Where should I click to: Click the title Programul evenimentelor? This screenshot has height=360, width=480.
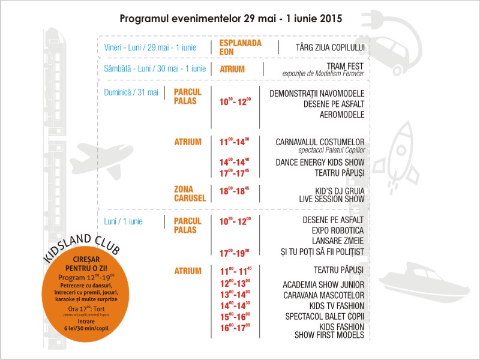pyautogui.click(x=231, y=18)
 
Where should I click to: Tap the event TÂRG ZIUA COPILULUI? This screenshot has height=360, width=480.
pyautogui.click(x=330, y=47)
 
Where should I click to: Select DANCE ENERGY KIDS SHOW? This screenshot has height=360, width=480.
pyautogui.click(x=320, y=162)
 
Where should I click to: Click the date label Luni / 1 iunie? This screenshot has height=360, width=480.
pyautogui.click(x=123, y=221)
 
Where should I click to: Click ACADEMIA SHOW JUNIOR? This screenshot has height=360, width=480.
pyautogui.click(x=323, y=284)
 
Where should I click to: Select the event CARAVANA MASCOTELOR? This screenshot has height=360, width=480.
pyautogui.click(x=324, y=295)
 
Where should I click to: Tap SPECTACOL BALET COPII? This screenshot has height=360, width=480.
pyautogui.click(x=324, y=316)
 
